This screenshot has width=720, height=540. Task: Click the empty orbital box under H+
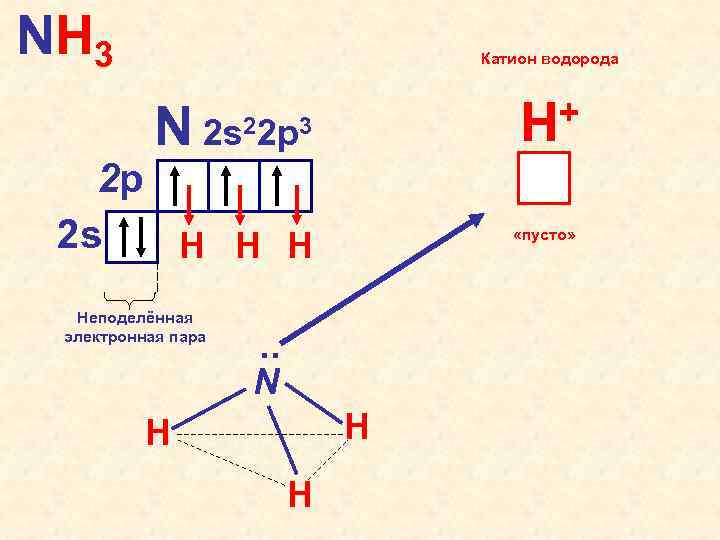tap(544, 178)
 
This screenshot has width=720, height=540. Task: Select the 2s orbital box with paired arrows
tap(132, 235)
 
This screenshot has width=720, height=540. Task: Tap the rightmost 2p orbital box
tap(286, 185)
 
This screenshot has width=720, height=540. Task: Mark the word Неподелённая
tap(134, 317)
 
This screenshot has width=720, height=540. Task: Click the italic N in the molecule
tap(266, 382)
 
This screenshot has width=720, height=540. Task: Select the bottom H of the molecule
tap(299, 495)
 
